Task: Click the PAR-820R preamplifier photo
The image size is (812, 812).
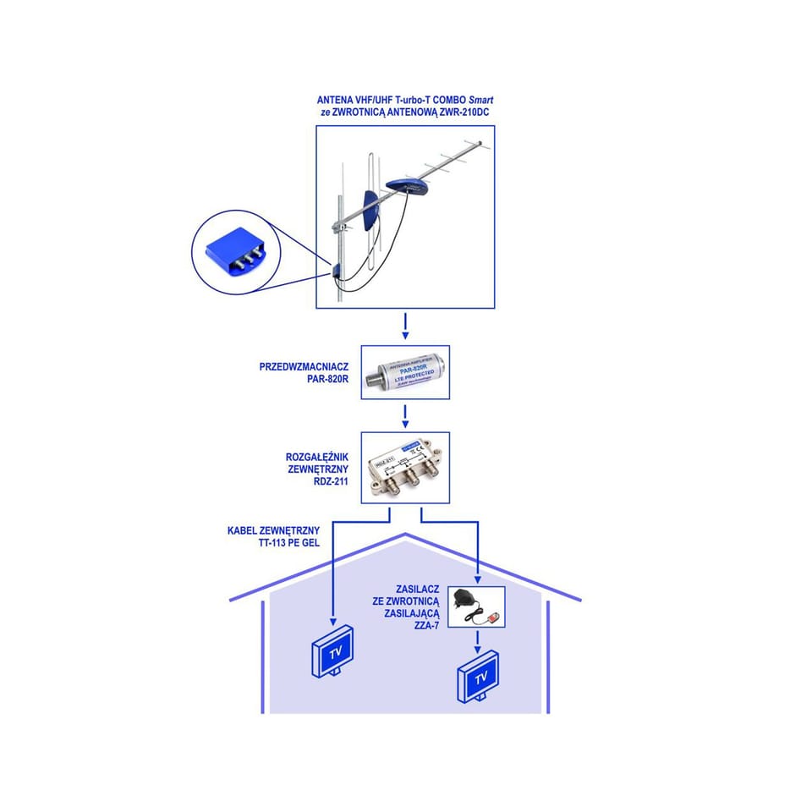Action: point(405,372)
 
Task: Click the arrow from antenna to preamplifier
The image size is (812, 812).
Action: point(405,326)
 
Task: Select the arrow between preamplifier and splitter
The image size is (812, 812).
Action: point(405,415)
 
